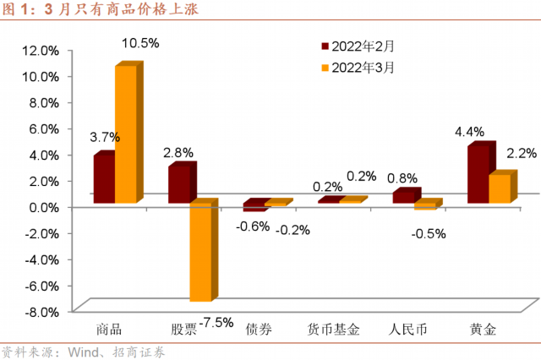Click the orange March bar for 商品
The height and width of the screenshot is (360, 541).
tap(126, 135)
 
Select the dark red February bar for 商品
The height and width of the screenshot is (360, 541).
tap(104, 180)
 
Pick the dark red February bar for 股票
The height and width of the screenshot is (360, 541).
tap(179, 184)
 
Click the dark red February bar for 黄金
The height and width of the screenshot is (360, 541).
tap(478, 175)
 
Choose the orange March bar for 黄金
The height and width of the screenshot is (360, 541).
tap(500, 188)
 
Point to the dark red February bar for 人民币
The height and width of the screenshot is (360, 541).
tap(405, 197)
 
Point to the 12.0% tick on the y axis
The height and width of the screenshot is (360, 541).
tap(41, 51)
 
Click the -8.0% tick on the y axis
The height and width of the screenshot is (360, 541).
tap(41, 311)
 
